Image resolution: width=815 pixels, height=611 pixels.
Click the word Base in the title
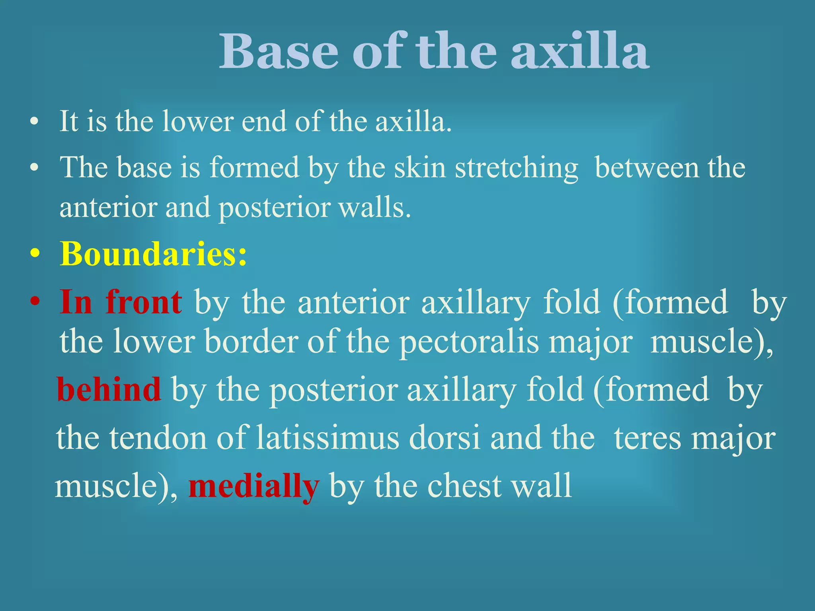[x=279, y=52]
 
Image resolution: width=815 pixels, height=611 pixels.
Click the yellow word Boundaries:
[x=153, y=254]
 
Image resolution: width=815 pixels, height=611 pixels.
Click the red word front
[x=144, y=302]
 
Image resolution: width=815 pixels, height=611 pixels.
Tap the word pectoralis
[x=469, y=342]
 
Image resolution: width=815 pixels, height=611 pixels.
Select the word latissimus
[x=327, y=438]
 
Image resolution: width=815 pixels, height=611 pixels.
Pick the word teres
[x=647, y=438]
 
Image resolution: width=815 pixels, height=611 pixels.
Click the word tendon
[x=158, y=438]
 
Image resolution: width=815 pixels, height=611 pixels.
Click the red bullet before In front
[x=35, y=302]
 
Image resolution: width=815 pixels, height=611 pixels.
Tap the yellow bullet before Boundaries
[x=35, y=255]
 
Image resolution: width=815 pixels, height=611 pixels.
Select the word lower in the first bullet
[x=198, y=121]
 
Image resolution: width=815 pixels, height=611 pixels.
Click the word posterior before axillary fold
[x=333, y=390]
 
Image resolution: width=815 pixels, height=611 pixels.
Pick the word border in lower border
[x=251, y=342]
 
